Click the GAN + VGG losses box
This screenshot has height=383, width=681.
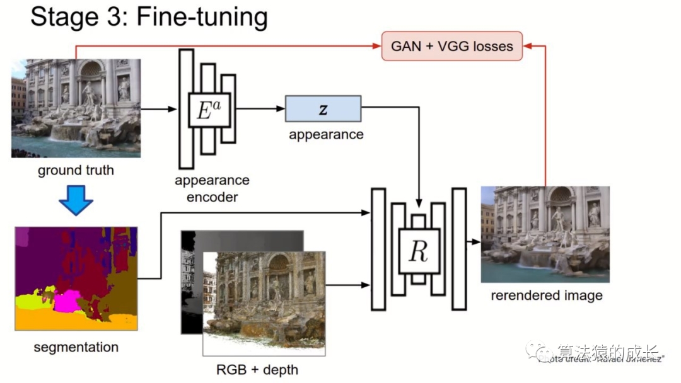coord(452,46)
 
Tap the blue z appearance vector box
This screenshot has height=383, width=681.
coord(323,108)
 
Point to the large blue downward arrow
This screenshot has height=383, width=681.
coord(76,200)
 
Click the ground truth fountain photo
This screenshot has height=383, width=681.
coord(76,108)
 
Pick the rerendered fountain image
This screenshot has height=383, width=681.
coord(545,234)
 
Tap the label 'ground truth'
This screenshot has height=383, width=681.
coord(76,170)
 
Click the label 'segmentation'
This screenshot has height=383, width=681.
coord(76,347)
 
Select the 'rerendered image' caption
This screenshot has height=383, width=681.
coord(546,295)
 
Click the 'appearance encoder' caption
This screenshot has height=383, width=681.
coord(212,188)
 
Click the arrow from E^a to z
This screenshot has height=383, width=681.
coord(258,109)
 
